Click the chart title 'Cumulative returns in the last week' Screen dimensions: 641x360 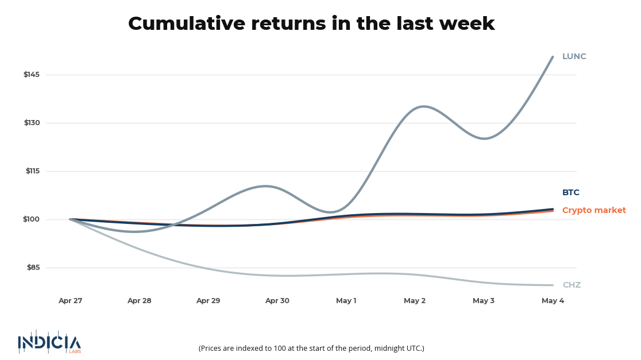coord(311,24)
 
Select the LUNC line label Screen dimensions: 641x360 coord(574,56)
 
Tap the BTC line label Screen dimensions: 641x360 coord(571,192)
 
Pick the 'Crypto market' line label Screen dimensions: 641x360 coord(594,210)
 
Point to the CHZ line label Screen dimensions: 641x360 coord(572,285)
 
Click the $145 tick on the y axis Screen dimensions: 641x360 coord(32,75)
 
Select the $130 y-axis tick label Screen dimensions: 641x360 coord(32,123)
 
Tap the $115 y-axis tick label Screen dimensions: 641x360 coord(33,171)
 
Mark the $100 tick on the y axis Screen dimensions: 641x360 coord(31,219)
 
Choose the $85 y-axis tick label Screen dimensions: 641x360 coord(33,267)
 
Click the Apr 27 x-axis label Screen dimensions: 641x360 coord(70,301)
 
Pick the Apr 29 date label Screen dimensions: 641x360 coord(208,301)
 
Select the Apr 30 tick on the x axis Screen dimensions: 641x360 coord(277,301)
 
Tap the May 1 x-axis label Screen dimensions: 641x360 coord(346,301)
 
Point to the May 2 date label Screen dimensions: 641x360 coord(415,301)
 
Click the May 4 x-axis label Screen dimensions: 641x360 coord(553,301)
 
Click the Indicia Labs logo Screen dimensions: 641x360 coord(49,342)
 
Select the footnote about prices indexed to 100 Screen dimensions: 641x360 coord(311,348)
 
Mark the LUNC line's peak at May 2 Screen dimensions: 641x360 coord(423,106)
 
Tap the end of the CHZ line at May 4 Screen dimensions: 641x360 coord(553,285)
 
